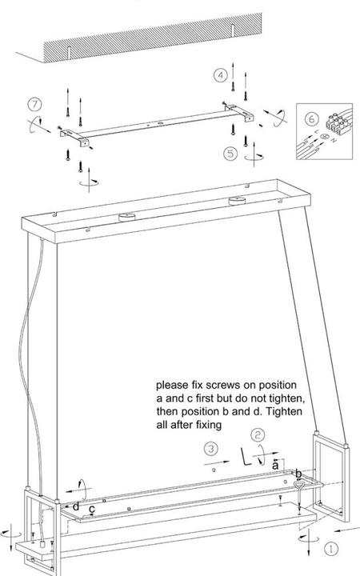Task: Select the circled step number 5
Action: [x=230, y=153]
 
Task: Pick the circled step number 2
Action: [x=258, y=435]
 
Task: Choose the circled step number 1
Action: [x=331, y=550]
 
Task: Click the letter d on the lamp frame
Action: [x=76, y=506]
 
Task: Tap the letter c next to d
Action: [x=92, y=508]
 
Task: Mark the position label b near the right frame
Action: [x=298, y=473]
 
